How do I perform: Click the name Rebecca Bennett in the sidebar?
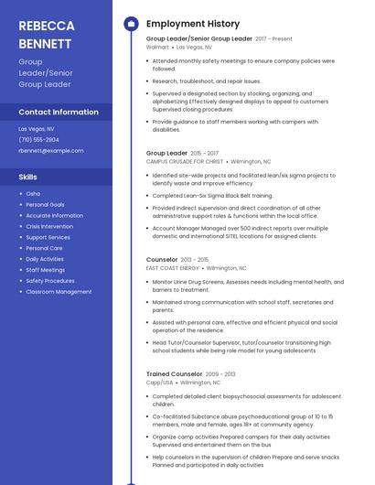tap(47, 34)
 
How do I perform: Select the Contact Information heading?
tap(59, 112)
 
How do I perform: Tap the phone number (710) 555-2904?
tap(38, 139)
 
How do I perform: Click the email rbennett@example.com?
tap(50, 150)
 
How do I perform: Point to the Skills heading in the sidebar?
tap(27, 177)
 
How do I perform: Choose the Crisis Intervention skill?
tap(49, 226)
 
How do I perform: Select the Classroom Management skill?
tap(59, 292)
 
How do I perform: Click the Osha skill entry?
tap(33, 194)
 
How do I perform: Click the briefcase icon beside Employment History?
tap(131, 23)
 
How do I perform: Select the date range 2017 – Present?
tap(273, 38)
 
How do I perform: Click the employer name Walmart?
tap(157, 47)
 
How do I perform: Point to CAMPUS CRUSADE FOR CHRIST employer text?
tap(184, 161)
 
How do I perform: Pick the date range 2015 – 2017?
tap(205, 153)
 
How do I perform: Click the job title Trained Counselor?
tap(174, 374)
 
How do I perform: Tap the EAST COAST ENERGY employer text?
tap(173, 268)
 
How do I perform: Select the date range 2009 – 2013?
tap(220, 374)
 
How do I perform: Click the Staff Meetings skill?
tap(45, 270)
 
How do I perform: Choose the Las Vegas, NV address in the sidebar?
tap(37, 129)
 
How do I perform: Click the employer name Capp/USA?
tap(159, 383)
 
